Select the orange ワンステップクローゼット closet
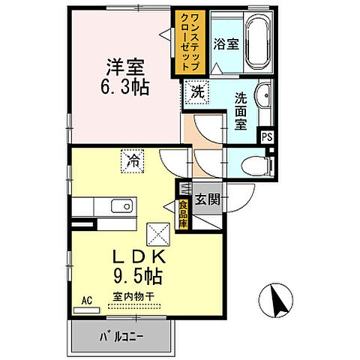[186, 42]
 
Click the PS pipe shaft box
[267, 136]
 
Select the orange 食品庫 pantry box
[184, 212]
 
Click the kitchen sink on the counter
[121, 206]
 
